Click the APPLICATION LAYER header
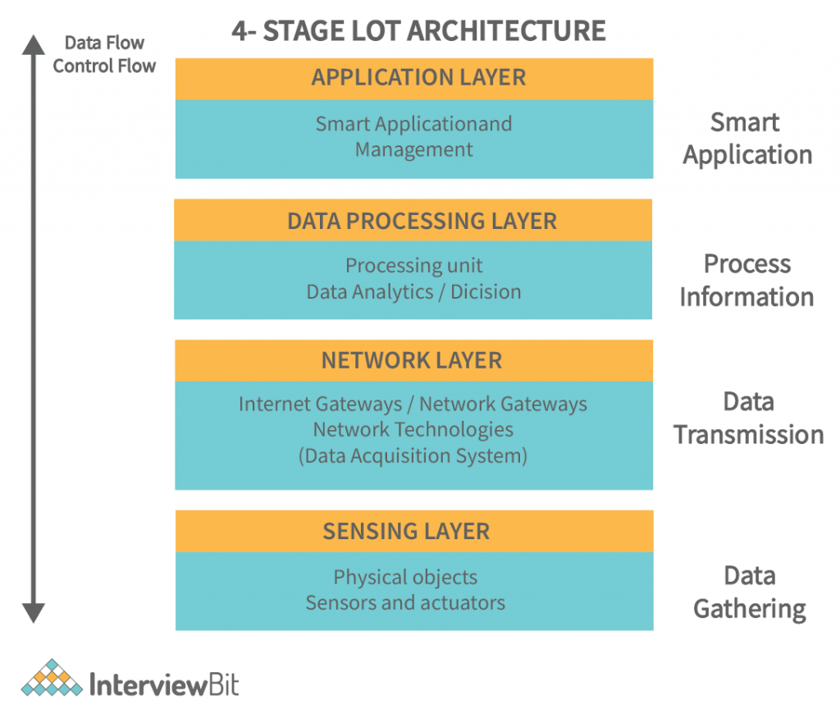pos(418,78)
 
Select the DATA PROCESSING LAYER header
pos(422,221)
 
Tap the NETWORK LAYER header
pos(412,361)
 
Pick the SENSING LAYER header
pos(406,531)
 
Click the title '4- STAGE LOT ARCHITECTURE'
pos(419,30)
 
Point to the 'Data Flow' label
pos(104,43)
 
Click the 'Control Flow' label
pos(104,66)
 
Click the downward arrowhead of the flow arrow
pos(33,612)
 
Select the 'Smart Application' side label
pos(747,139)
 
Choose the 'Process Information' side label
pos(746,280)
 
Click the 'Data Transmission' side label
pos(749,418)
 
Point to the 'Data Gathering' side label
pos(750,592)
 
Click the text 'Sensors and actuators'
pos(405,603)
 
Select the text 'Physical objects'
pos(405,578)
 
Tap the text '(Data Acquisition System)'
pos(413,455)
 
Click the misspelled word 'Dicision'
pos(486,291)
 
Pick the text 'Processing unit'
pos(413,266)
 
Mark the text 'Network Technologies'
pos(413,429)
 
